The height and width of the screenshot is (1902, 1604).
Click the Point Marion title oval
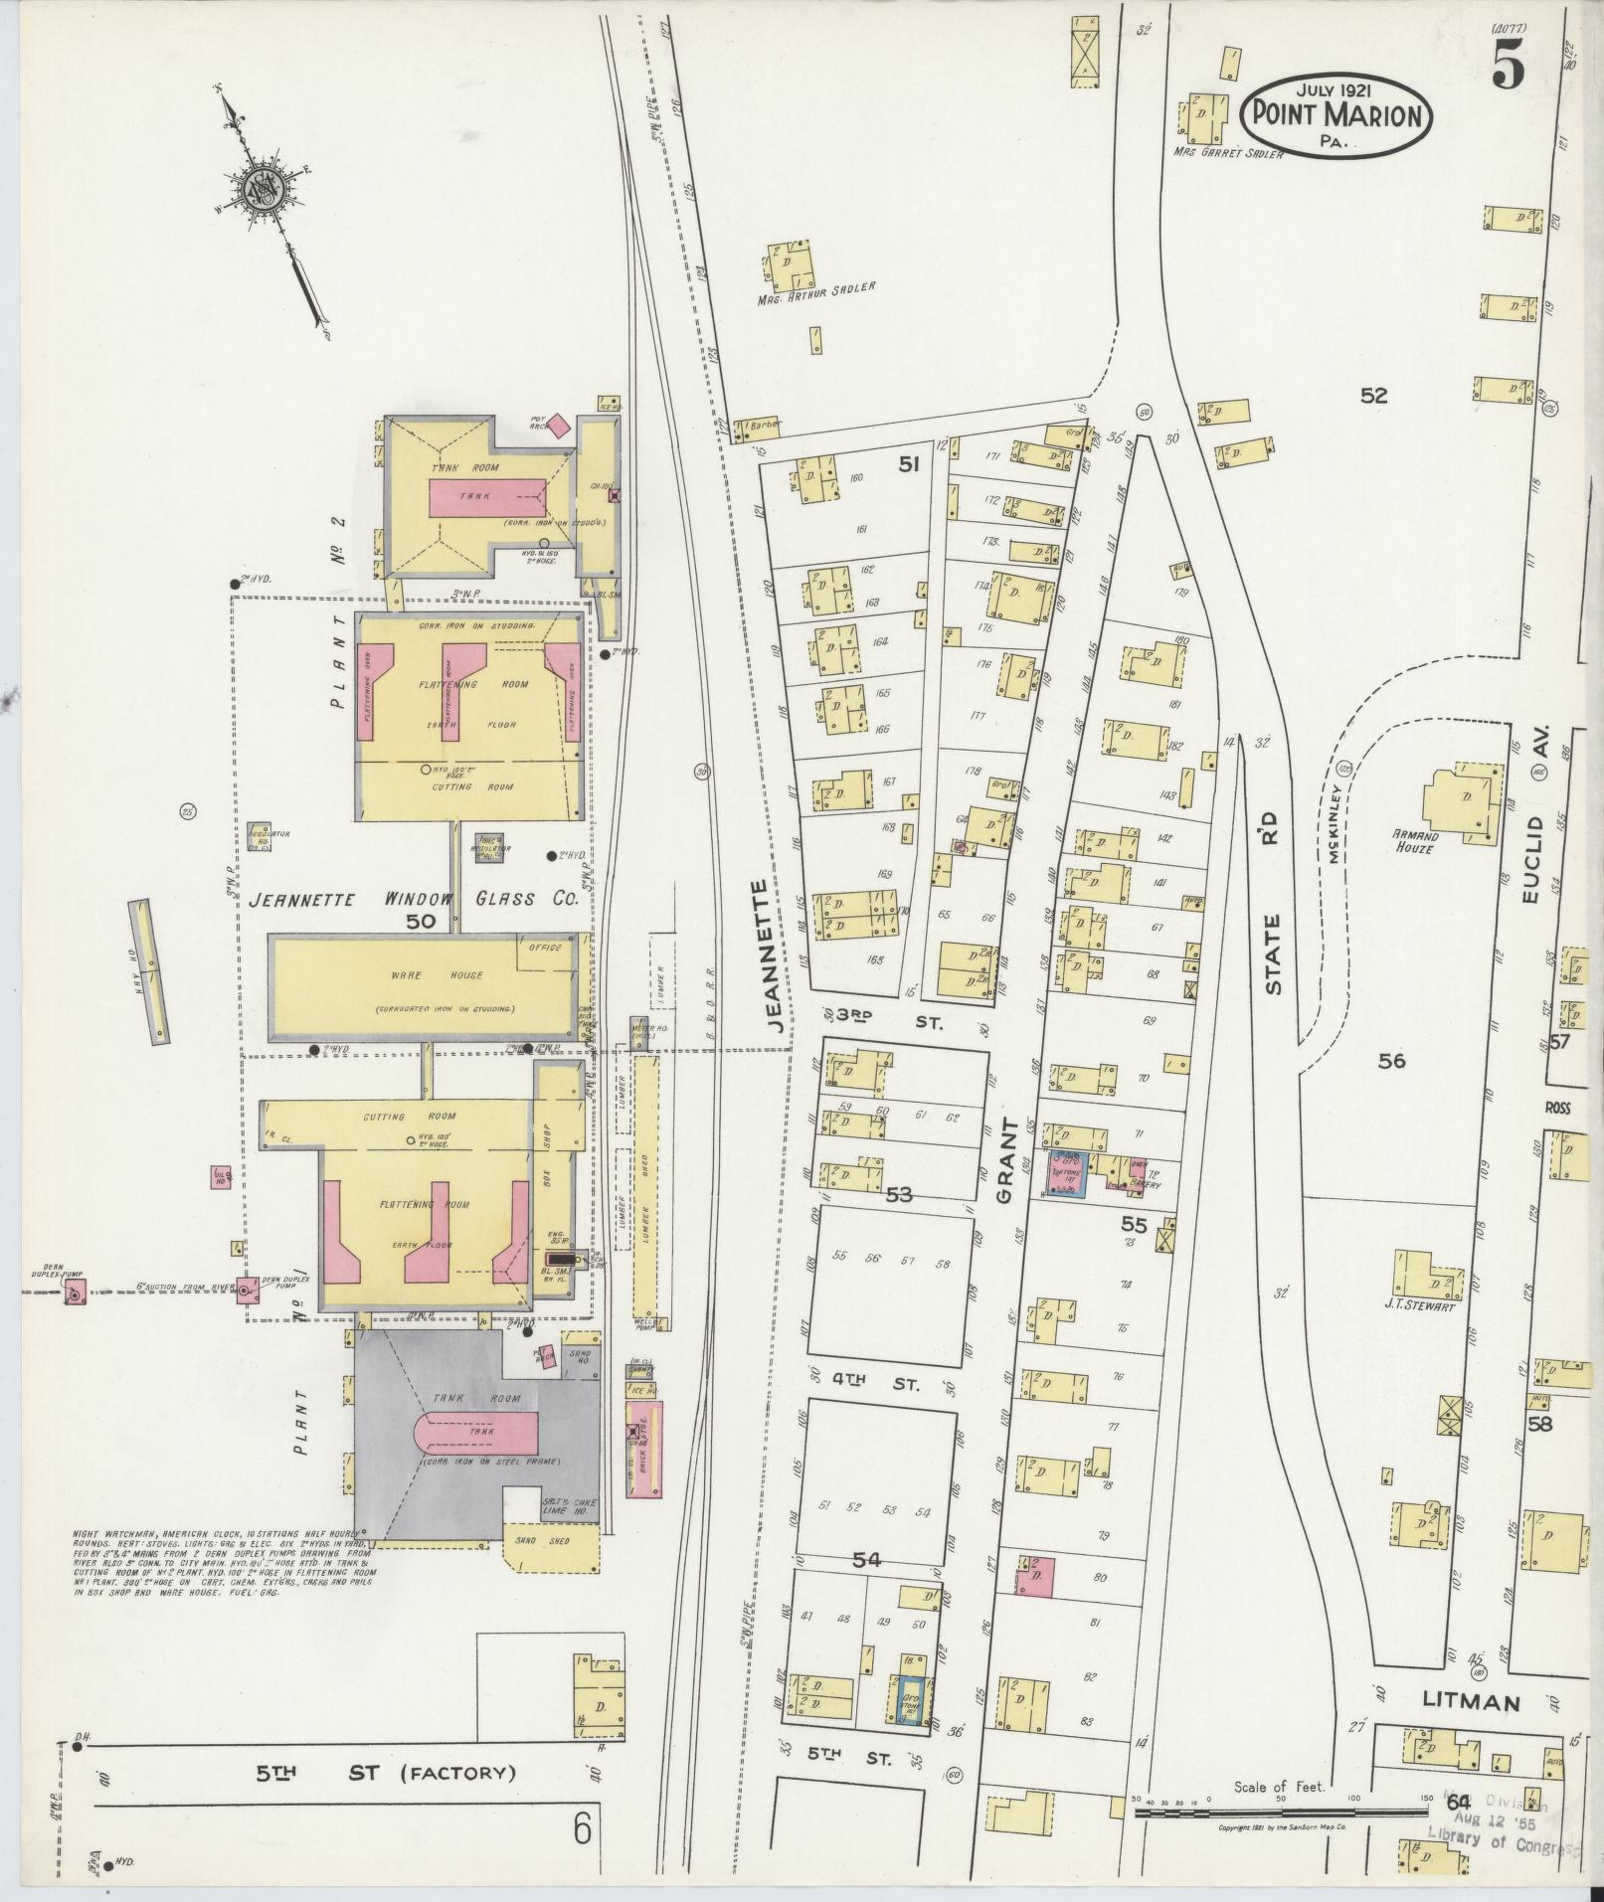(x=1337, y=114)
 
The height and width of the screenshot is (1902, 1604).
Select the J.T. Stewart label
(x=1423, y=1307)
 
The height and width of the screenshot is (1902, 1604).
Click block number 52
(x=1373, y=396)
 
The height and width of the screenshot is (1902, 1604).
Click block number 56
(x=1391, y=1061)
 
